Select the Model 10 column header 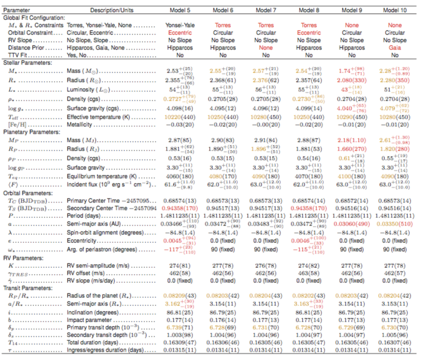(394, 10)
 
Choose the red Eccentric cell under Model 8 (308, 32)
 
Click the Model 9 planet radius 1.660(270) (351, 150)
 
